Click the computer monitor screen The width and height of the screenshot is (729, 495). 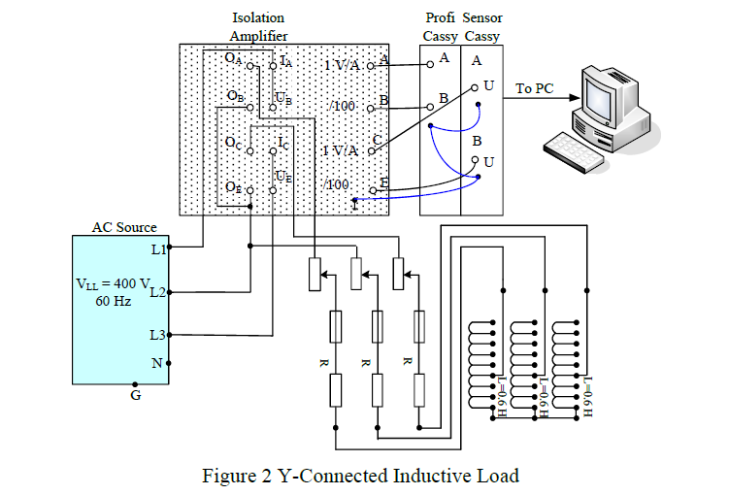click(601, 89)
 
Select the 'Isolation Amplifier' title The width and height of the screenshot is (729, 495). click(258, 27)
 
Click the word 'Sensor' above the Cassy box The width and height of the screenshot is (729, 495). click(482, 18)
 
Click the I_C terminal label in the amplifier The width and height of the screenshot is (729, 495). click(282, 143)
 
